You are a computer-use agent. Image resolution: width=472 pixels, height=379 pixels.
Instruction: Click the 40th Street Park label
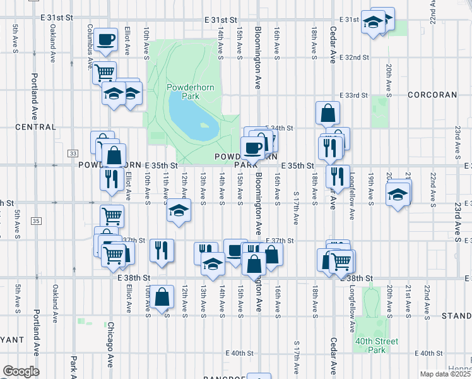(x=376, y=346)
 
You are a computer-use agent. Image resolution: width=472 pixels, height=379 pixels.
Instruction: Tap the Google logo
(x=20, y=371)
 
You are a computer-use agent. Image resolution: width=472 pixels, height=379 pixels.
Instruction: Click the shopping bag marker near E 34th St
(x=328, y=114)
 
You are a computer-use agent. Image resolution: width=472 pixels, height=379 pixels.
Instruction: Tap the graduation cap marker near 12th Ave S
(x=179, y=210)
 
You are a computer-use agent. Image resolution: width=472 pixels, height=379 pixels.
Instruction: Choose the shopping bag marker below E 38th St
(x=162, y=297)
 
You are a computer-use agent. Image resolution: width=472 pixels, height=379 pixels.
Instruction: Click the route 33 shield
(x=73, y=153)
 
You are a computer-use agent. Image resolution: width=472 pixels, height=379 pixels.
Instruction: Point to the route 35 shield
(x=36, y=220)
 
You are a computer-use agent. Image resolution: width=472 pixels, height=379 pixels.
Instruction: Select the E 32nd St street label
(x=353, y=57)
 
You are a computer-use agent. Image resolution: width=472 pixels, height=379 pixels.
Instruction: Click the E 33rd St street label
(x=353, y=95)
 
